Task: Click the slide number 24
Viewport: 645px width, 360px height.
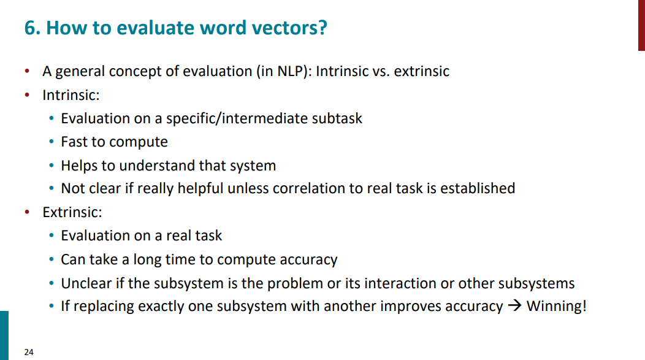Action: pyautogui.click(x=29, y=352)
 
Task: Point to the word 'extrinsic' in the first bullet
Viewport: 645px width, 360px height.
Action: pyautogui.click(x=422, y=71)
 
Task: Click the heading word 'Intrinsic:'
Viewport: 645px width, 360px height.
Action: pyautogui.click(x=71, y=95)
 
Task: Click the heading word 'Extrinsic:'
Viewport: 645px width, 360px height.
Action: pyautogui.click(x=72, y=212)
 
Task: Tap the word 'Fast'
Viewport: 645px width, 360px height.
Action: pyautogui.click(x=74, y=142)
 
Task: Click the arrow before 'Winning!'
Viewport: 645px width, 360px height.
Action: pyautogui.click(x=514, y=306)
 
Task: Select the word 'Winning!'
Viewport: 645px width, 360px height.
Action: pyautogui.click(x=557, y=306)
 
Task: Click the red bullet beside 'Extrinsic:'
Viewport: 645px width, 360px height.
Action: pyautogui.click(x=27, y=212)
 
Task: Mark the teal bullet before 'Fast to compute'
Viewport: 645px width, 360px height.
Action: pyautogui.click(x=52, y=142)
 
